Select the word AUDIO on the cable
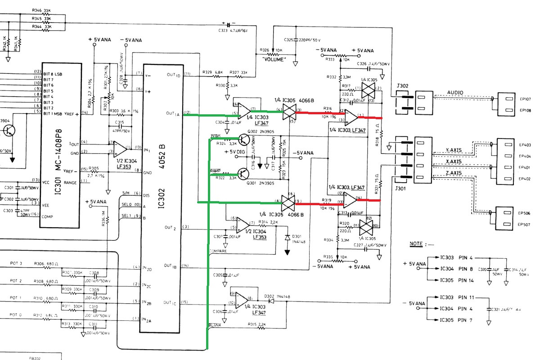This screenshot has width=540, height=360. point(455,92)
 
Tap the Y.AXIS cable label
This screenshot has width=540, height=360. point(454,150)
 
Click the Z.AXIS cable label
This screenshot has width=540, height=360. point(454,173)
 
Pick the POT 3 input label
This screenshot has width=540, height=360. point(16,263)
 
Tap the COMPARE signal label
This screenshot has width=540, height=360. point(218,251)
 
